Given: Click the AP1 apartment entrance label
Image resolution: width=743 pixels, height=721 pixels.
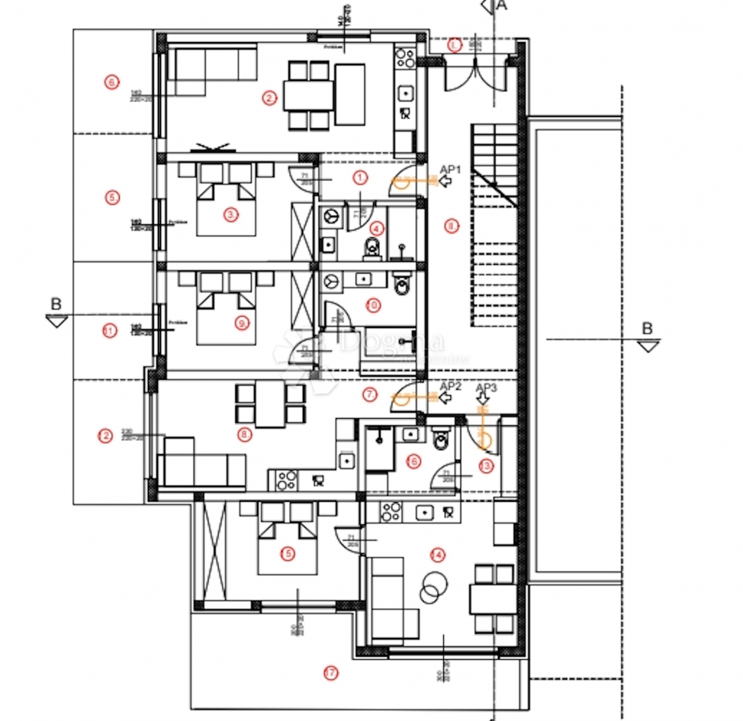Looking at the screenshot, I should (x=450, y=170).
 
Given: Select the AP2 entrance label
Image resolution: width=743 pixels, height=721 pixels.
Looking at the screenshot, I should (x=450, y=387).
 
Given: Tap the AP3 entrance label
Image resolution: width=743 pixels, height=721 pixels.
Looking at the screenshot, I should (x=486, y=388).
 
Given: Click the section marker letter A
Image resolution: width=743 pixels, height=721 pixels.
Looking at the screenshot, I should (x=502, y=6).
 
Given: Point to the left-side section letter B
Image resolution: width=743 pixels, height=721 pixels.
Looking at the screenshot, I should (x=56, y=304).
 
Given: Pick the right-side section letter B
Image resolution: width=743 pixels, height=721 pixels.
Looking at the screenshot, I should (x=647, y=328).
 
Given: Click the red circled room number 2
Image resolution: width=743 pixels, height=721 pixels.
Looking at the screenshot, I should (x=269, y=98).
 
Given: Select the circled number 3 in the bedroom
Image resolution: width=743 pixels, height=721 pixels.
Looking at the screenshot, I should (x=231, y=215).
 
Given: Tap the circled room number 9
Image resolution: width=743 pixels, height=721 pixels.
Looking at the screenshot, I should (x=242, y=323).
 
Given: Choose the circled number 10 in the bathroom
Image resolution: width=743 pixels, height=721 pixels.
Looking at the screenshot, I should (x=373, y=305).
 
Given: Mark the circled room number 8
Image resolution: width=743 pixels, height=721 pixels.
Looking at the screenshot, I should (x=245, y=435).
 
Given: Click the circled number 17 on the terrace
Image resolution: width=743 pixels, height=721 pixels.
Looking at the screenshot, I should (x=331, y=673).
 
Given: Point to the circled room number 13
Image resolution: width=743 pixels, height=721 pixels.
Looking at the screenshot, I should (x=486, y=466).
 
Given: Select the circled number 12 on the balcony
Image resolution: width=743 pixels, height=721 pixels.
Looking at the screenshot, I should (x=105, y=436).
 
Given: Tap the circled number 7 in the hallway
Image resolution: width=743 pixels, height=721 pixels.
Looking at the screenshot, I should (x=370, y=395).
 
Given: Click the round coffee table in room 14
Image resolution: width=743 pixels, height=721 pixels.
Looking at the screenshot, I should (x=433, y=585).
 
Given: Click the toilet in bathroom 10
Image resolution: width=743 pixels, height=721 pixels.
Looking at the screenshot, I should (x=402, y=285).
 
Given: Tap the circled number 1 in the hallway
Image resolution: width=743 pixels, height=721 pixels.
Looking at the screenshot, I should (x=360, y=178).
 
